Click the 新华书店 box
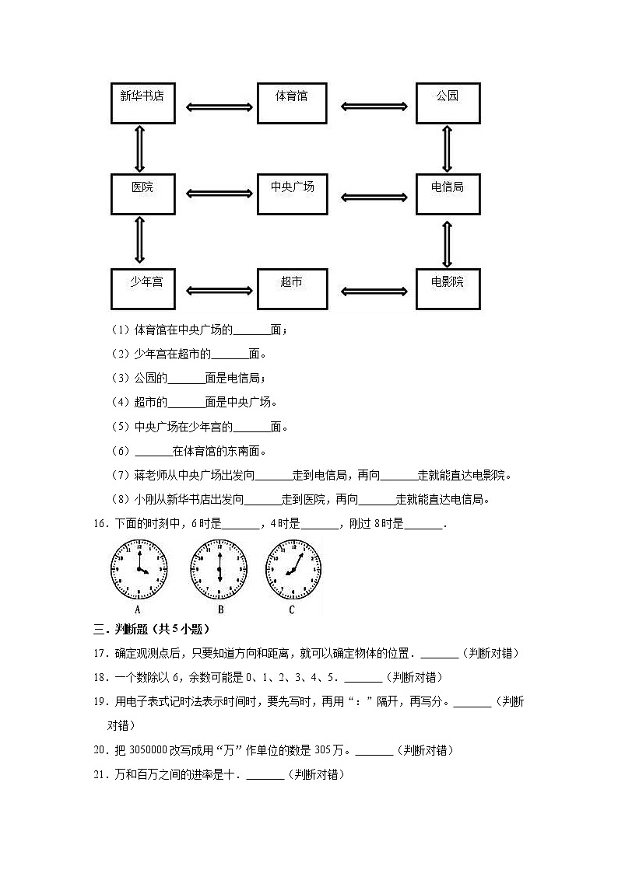click(142, 103)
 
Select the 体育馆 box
click(292, 103)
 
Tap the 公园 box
click(448, 103)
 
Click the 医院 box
click(142, 194)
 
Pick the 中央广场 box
click(292, 194)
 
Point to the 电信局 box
click(448, 194)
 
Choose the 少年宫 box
click(142, 288)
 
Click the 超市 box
click(292, 288)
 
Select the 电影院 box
click(448, 288)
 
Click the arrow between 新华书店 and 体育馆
click(216, 107)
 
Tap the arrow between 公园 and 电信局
click(447, 149)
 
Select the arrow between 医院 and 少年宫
click(140, 241)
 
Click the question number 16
click(98, 524)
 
